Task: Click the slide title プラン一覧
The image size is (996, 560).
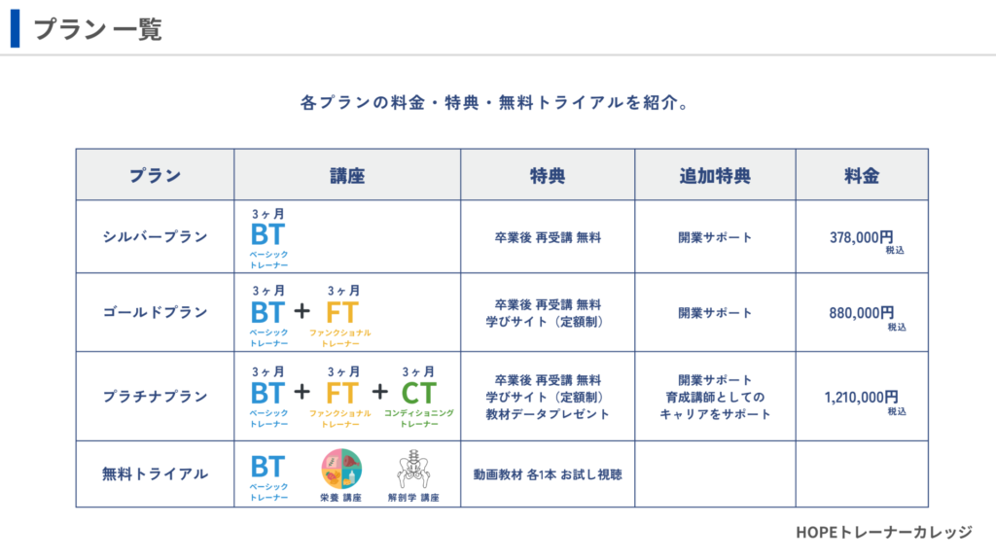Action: [98, 29]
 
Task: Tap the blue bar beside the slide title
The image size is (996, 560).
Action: [16, 28]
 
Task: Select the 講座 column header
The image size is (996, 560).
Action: [347, 176]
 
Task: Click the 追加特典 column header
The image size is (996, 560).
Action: [715, 176]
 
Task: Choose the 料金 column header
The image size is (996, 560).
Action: [862, 176]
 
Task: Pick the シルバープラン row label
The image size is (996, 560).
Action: [155, 237]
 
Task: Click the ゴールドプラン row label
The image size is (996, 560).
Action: [155, 312]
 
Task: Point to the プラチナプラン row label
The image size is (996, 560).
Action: [155, 397]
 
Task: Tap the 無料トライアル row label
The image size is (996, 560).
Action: [155, 474]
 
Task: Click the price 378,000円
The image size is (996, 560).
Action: [862, 237]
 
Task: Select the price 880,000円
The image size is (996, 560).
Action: [862, 313]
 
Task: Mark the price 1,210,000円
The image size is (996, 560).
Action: [862, 398]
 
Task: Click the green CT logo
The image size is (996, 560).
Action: [418, 394]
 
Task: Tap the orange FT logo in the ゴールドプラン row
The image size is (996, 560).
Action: [342, 313]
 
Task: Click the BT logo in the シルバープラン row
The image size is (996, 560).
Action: [267, 235]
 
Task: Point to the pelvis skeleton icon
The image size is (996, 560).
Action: [413, 470]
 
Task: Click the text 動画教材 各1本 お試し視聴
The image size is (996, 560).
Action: [548, 474]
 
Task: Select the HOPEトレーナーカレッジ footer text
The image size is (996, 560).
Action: [883, 532]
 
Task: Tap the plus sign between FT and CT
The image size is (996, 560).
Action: [380, 392]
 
